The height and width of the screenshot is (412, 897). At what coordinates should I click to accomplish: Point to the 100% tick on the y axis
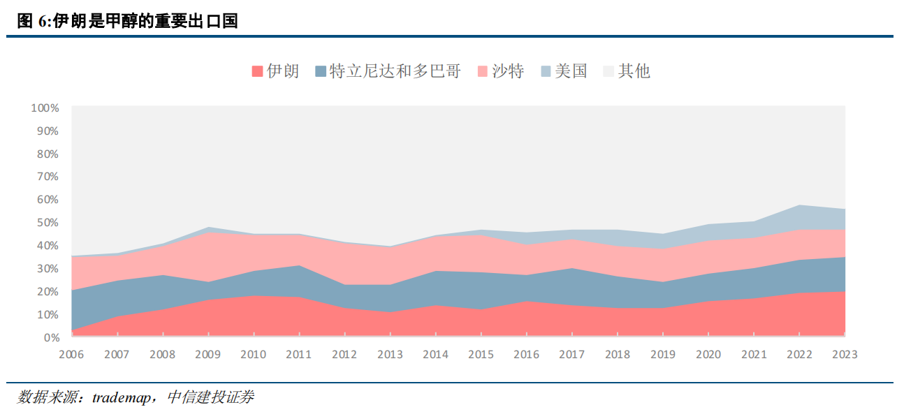pyautogui.click(x=45, y=108)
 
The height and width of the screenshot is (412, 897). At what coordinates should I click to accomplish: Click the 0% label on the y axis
pyautogui.click(x=50, y=337)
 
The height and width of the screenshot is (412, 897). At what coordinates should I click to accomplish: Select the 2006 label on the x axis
pyautogui.click(x=71, y=355)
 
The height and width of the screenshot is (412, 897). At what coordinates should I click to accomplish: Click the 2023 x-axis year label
pyautogui.click(x=845, y=355)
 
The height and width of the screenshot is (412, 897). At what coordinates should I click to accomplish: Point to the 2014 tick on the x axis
pyautogui.click(x=435, y=355)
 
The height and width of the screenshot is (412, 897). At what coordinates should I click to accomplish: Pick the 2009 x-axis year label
pyautogui.click(x=207, y=355)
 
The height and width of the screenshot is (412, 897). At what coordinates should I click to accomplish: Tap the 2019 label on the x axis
pyautogui.click(x=663, y=355)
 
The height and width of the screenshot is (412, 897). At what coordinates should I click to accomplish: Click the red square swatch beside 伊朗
pyautogui.click(x=257, y=71)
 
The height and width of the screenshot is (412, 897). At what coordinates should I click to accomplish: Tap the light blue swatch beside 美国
pyautogui.click(x=546, y=71)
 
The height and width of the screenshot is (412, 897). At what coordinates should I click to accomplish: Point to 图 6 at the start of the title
pyautogui.click(x=32, y=22)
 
